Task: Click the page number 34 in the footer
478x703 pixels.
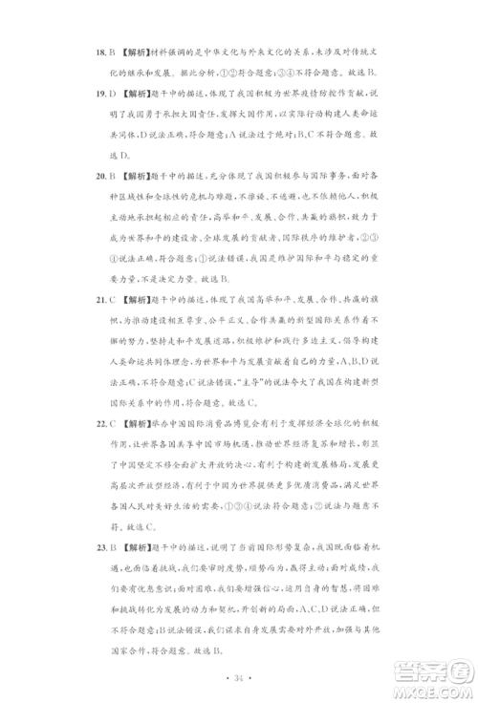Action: tap(239, 679)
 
